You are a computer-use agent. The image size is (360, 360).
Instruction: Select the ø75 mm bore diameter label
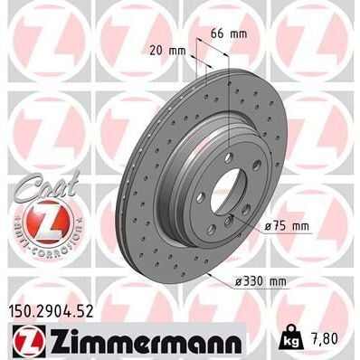tap(288, 225)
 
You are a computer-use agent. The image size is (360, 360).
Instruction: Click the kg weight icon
tap(291, 341)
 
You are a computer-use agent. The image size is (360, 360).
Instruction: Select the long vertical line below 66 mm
tap(228, 99)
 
